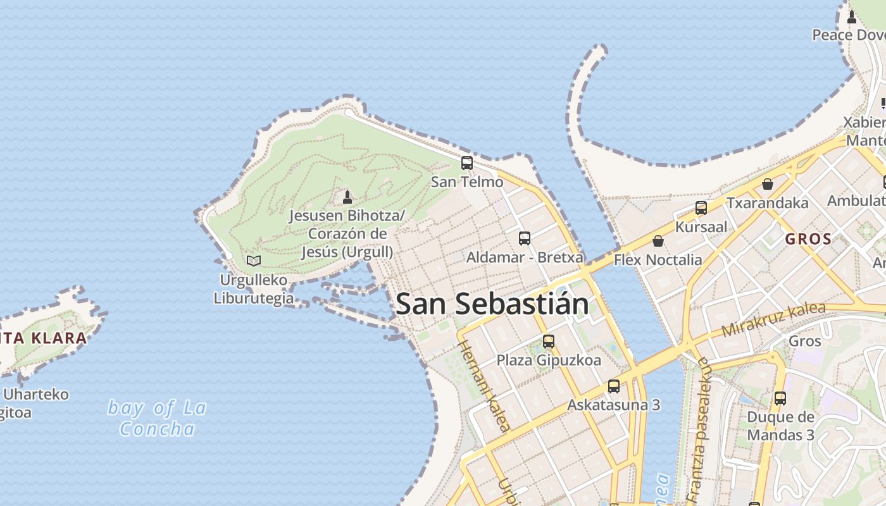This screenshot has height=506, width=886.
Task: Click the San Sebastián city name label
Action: coord(492,304)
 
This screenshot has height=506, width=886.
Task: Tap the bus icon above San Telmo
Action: coord(467,163)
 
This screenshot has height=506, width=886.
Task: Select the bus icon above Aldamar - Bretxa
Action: coord(525,238)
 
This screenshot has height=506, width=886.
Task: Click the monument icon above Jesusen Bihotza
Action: coord(347,197)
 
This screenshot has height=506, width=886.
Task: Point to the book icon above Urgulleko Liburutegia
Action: coord(254,261)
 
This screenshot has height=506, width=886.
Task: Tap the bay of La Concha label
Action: coord(157,418)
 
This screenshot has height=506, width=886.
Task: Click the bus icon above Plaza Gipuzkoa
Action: coord(549,342)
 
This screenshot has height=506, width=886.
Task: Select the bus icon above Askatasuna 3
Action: coord(613,386)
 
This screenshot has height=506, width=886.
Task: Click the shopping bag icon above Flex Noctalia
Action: coord(658,241)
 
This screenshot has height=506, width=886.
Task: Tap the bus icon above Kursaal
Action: coord(701,207)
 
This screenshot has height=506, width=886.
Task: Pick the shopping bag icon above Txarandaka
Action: coord(768,184)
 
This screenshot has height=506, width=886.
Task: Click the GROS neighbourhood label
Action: coord(808,239)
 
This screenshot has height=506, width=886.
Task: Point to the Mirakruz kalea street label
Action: coord(773,320)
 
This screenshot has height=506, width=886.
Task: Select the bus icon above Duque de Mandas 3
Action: coord(780,398)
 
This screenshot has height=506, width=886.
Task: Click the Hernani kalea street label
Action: coord(484,386)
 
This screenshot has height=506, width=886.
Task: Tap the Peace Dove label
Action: coord(848,35)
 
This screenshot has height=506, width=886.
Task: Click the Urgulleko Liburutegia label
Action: coord(253,289)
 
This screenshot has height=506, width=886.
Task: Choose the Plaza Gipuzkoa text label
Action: coord(549,361)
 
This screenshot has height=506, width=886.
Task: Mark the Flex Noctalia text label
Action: coord(658,260)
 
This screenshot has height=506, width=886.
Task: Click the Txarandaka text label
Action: coord(768,203)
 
